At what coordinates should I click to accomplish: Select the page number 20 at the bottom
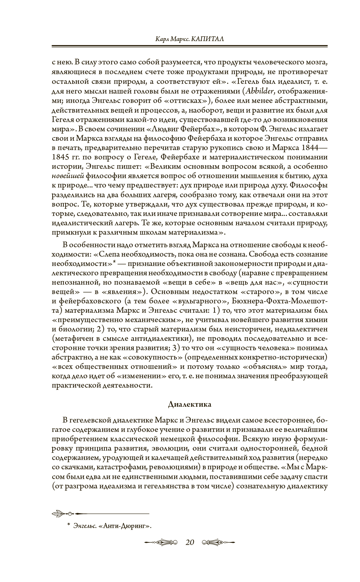[189, 542]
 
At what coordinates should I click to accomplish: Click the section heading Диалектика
[189, 404]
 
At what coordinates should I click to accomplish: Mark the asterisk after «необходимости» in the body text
[114, 262]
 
